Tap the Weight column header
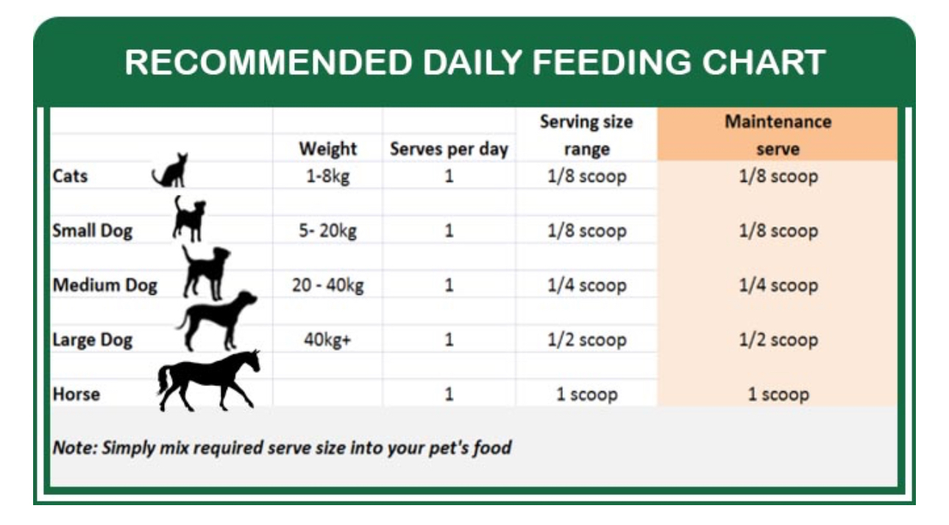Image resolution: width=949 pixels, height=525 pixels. click(328, 149)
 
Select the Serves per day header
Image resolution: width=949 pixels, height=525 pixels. click(449, 149)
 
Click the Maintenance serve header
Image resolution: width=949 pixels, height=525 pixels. click(778, 135)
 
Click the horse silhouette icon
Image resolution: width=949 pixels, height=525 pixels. click(208, 381)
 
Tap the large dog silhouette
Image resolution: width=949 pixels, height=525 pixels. click(217, 321)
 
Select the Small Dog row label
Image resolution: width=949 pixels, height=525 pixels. click(93, 231)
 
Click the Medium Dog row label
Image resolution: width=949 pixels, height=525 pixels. click(104, 285)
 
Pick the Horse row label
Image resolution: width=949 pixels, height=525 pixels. click(77, 394)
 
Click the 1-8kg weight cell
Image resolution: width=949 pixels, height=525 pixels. click(328, 176)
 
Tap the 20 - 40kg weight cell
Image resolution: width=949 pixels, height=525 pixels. click(328, 285)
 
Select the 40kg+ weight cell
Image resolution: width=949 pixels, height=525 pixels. click(327, 340)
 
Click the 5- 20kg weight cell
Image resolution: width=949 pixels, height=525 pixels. click(328, 231)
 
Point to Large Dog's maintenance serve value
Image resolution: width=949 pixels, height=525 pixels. click(778, 340)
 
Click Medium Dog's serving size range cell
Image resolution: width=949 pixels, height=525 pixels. click(587, 285)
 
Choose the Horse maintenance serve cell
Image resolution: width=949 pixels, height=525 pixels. click(778, 394)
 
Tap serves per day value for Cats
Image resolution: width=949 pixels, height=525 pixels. click(449, 176)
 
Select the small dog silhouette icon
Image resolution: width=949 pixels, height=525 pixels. click(189, 219)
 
